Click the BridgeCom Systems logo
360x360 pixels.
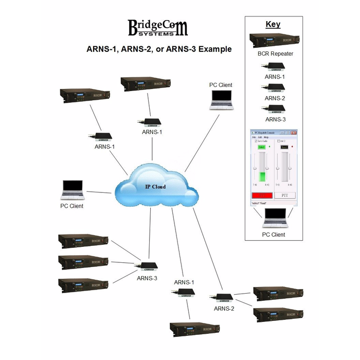(157, 29)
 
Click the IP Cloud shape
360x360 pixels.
(154, 186)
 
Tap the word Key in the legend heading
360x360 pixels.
(273, 24)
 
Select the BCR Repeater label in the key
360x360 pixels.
(273, 53)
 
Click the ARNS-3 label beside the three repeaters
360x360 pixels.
(147, 278)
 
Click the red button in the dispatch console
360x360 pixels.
(261, 195)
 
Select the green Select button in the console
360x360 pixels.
(261, 148)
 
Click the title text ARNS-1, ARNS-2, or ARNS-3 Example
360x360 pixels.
(158, 49)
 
